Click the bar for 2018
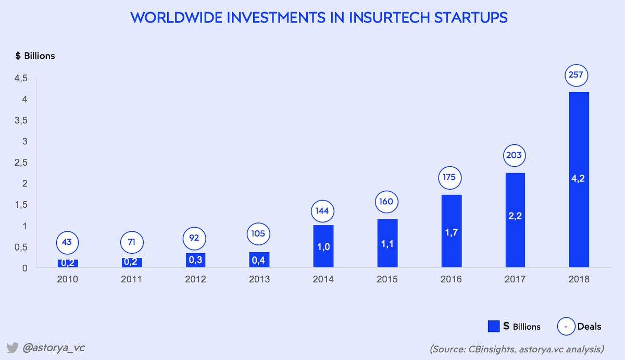point(579,180)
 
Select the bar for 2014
point(323,246)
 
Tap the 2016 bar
point(451,231)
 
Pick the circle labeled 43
point(68,242)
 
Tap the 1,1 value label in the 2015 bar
point(387,243)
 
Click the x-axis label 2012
point(195,279)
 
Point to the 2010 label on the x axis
point(68,279)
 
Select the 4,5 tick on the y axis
point(21,79)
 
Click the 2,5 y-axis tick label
point(21,163)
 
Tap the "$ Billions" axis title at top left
point(35,56)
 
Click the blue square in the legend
point(494,327)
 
